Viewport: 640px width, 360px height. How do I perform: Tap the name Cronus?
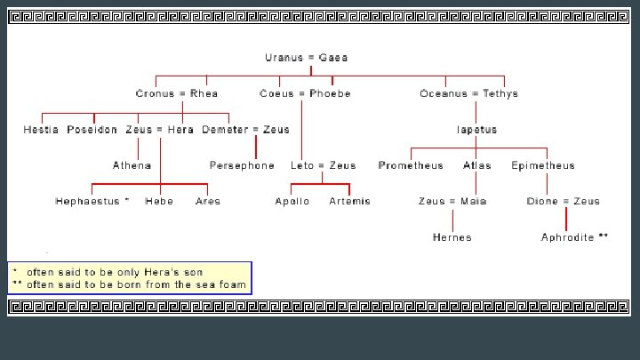(154, 93)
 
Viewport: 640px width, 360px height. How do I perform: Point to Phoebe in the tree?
(330, 93)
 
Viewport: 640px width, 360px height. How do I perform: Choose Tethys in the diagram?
(500, 93)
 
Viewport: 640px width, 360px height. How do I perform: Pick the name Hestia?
(42, 130)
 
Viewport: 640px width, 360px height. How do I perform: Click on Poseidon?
(92, 130)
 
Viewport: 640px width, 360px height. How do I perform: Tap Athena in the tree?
(132, 165)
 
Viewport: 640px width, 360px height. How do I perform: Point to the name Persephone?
(242, 165)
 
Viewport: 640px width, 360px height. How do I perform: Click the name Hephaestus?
(89, 201)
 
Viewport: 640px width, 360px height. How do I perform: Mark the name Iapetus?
(476, 130)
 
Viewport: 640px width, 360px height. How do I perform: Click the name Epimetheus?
(543, 165)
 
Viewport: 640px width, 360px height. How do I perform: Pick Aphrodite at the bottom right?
(569, 237)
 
